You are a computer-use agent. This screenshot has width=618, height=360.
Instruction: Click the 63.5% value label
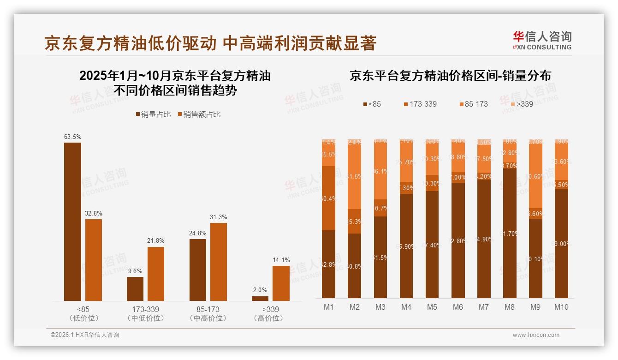[x=72, y=137]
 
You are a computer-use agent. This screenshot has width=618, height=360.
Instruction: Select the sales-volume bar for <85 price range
[x=72, y=222]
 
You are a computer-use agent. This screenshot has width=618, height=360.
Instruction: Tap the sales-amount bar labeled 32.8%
[x=94, y=260]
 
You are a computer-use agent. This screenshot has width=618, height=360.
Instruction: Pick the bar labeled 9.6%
[x=135, y=289]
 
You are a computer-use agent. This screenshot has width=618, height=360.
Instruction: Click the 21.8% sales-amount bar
[x=156, y=274]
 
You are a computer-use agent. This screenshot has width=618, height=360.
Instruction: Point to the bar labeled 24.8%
[x=198, y=270]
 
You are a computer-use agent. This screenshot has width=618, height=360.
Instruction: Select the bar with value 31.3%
[x=219, y=262]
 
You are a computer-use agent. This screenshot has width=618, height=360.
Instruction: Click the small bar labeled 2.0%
[x=260, y=299]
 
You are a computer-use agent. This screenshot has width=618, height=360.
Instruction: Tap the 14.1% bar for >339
[x=281, y=283]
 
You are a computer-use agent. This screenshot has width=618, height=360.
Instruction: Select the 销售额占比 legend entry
[x=199, y=114]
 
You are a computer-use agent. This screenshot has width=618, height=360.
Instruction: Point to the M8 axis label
[x=510, y=307]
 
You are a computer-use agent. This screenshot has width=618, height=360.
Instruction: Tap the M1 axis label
[x=328, y=307]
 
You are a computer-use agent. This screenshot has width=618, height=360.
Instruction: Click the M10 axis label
[x=561, y=307]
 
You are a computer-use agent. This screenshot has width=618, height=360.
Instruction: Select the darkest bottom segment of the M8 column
[x=510, y=233]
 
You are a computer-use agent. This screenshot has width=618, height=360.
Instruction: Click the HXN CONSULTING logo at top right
[x=542, y=40]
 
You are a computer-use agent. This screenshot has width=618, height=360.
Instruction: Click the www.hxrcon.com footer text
[x=536, y=335]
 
